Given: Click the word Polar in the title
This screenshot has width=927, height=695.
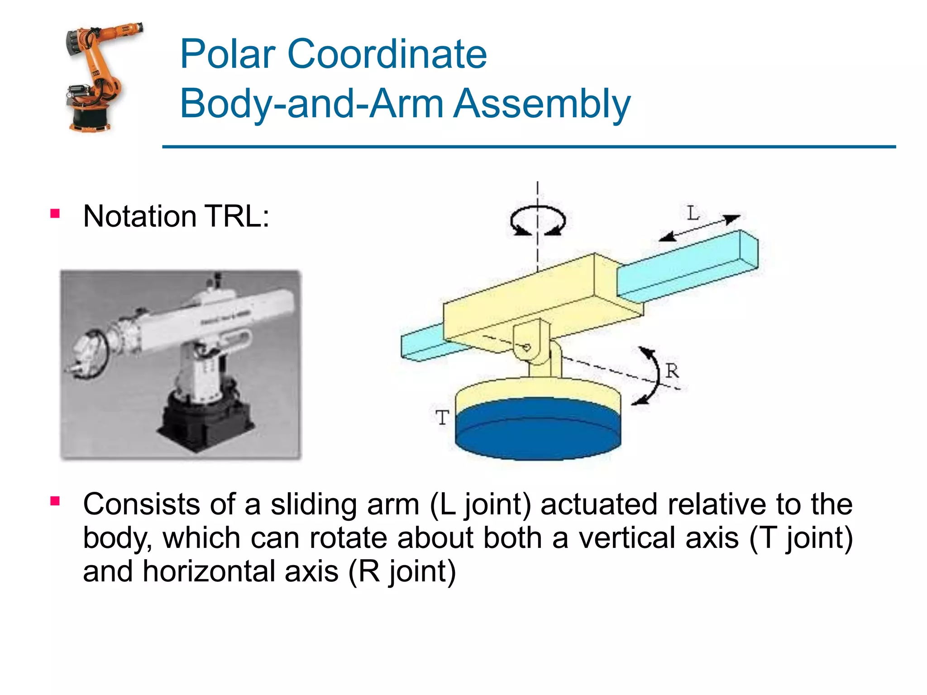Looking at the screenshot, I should point(228,54).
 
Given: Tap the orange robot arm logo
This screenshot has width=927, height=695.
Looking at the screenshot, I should point(100,77).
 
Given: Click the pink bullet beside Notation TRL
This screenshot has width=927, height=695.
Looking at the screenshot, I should point(55,214).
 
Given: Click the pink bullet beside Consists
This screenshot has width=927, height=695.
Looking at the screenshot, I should point(55,501).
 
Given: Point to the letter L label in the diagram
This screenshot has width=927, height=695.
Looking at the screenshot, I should point(693,213).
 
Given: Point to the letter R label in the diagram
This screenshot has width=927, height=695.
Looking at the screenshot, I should point(672,371).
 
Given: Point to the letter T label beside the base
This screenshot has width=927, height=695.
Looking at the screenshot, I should point(442,417).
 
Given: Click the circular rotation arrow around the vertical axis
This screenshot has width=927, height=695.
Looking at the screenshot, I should point(538,220).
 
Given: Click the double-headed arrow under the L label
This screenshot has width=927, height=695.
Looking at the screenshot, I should point(699,228).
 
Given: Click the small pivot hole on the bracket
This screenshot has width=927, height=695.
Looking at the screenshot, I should point(526,347).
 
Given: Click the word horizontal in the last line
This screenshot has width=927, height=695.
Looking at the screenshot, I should point(240,571).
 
